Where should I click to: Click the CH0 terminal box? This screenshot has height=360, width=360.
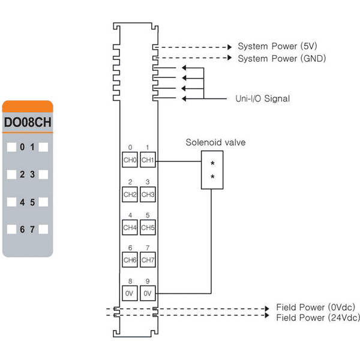(x=130, y=160)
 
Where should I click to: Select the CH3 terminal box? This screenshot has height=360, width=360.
(x=148, y=194)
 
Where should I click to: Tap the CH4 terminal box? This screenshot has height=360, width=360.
(x=130, y=227)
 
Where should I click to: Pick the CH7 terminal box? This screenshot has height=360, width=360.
(x=148, y=260)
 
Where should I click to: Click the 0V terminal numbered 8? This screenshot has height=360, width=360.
(x=130, y=293)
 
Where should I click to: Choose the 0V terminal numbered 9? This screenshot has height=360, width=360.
(x=148, y=293)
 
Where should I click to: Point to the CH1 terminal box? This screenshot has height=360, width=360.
(x=148, y=160)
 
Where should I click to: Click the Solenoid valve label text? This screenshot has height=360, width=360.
(x=215, y=142)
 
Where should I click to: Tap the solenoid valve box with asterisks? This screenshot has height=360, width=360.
(x=212, y=170)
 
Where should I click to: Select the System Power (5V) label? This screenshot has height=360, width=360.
(x=277, y=46)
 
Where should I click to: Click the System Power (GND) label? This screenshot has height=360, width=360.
(x=282, y=59)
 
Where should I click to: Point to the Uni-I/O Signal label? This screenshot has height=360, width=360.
(x=262, y=99)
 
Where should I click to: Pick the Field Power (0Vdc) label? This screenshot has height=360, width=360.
(x=316, y=307)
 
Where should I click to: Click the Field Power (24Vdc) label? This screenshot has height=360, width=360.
(x=318, y=318)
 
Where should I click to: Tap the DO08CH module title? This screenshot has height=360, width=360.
(x=28, y=122)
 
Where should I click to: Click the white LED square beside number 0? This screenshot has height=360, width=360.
(x=11, y=147)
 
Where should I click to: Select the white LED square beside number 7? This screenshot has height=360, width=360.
(x=43, y=229)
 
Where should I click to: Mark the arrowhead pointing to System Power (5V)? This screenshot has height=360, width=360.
(x=230, y=47)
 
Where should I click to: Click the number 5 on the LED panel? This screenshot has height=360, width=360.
(x=32, y=202)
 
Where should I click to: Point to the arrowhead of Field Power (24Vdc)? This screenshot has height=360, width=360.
(x=267, y=315)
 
